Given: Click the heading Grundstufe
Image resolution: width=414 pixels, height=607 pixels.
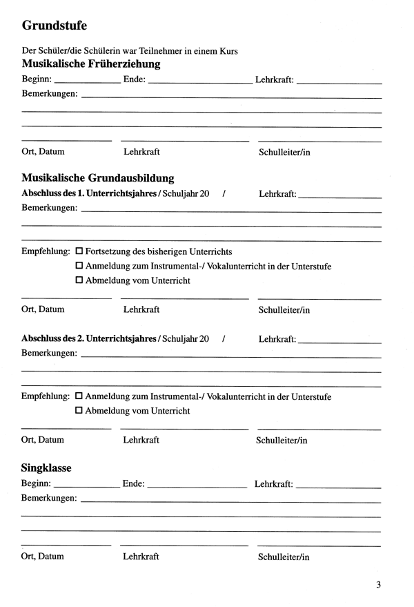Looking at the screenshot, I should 55,26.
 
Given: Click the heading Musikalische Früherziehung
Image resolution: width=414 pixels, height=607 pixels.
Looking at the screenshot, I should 91,64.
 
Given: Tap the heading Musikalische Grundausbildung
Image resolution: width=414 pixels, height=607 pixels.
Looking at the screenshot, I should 98,177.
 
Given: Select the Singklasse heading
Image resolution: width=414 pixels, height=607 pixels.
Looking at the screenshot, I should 47,468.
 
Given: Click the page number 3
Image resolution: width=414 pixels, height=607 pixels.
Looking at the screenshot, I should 379,585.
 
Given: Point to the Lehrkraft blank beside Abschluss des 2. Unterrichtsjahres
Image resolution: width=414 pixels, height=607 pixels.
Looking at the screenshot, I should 341,340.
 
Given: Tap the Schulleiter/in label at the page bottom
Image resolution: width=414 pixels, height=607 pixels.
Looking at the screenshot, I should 284,557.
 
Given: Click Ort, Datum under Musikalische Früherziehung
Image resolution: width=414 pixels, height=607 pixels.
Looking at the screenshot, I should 43,151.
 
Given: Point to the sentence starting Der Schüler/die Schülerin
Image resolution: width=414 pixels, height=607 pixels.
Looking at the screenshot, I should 130,50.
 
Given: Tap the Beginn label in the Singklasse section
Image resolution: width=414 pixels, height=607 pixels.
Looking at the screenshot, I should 35,484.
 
